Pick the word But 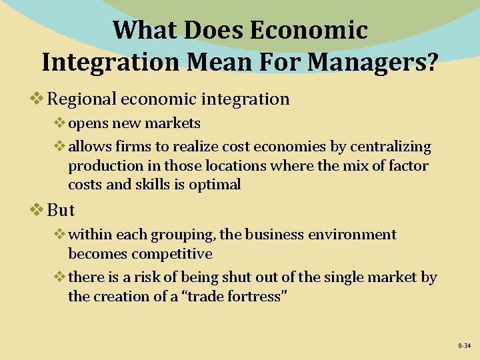(x=61, y=210)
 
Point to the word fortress (x=251, y=297)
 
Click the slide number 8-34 (x=464, y=346)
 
